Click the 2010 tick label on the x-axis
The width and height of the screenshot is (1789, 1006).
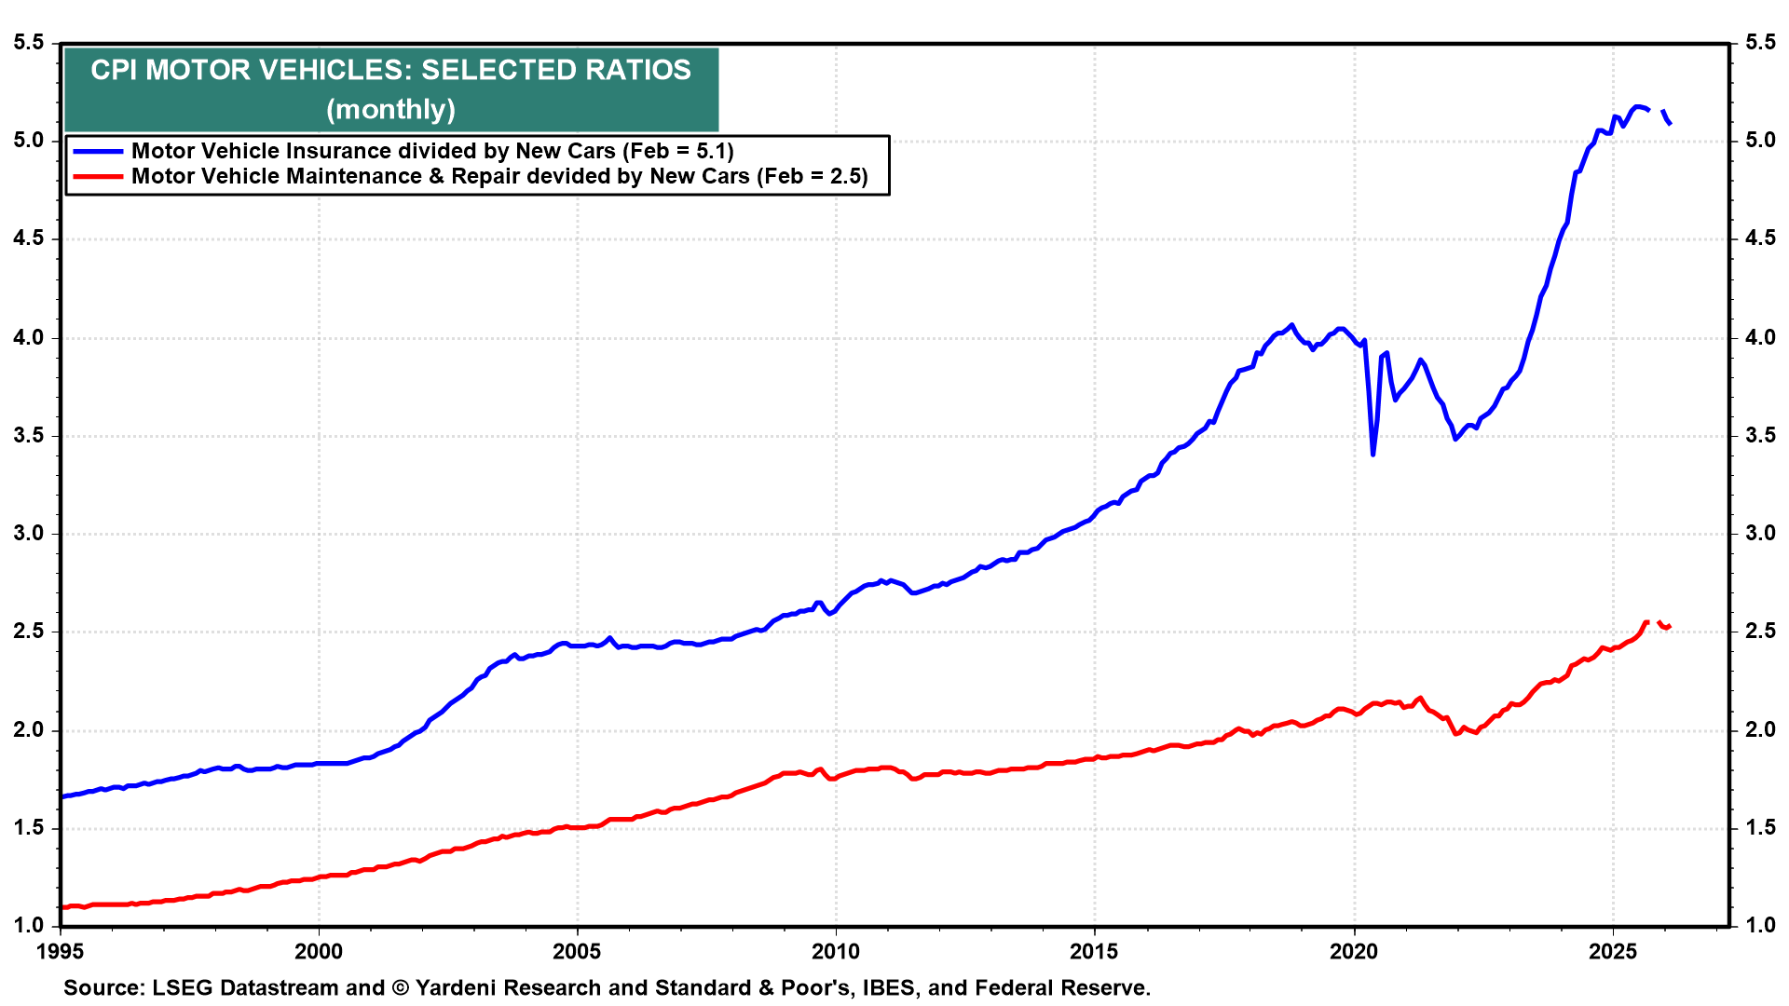click(835, 951)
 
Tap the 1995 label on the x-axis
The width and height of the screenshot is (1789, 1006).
click(61, 951)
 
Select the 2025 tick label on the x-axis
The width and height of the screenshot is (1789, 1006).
click(1612, 951)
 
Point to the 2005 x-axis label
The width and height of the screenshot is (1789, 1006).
click(577, 951)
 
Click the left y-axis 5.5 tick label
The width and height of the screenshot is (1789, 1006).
click(28, 43)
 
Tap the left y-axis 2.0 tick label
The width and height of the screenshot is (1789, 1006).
click(28, 730)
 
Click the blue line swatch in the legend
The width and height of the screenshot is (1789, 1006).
click(98, 151)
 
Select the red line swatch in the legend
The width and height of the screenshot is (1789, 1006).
click(98, 176)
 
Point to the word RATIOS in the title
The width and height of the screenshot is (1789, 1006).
click(644, 70)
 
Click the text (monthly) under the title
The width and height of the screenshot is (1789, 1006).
click(390, 109)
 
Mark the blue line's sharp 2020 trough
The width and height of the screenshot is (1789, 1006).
click(1372, 454)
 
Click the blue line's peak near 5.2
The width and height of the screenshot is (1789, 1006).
click(1638, 107)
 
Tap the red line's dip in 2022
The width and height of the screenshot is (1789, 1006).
click(1455, 734)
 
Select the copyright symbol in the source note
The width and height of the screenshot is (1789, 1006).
click(401, 987)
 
